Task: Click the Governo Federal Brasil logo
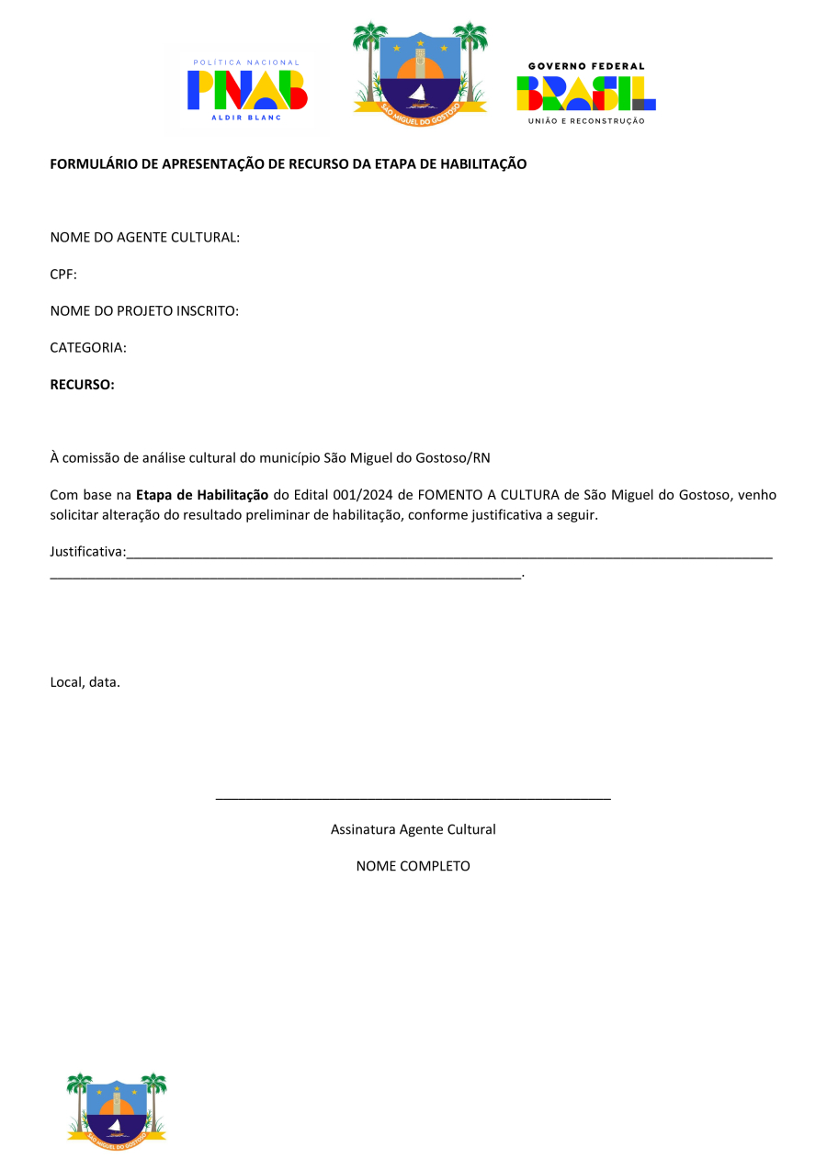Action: click(x=585, y=93)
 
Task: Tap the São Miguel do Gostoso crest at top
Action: click(x=420, y=70)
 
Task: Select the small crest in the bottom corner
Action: click(x=117, y=1107)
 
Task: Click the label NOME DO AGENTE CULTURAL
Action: click(x=144, y=238)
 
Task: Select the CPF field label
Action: click(x=62, y=275)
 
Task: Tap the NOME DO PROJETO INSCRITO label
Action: click(x=144, y=311)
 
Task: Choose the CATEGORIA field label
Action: click(x=87, y=348)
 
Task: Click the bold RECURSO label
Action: click(x=82, y=385)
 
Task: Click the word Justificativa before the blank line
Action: click(x=87, y=552)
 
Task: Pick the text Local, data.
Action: click(x=85, y=682)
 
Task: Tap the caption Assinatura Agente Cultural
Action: click(x=413, y=829)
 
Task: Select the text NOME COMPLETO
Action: click(x=413, y=866)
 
